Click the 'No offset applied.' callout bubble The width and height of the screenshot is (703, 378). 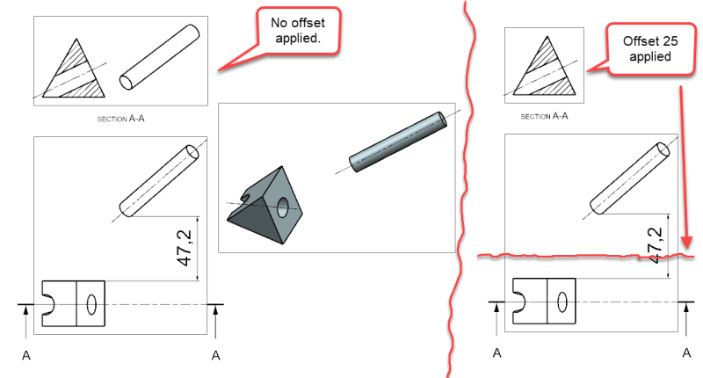[x=298, y=31]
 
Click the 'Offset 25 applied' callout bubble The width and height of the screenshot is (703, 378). [x=650, y=49]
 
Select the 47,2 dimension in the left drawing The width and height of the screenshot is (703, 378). [x=185, y=248]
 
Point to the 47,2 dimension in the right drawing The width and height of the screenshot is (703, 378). [x=655, y=245]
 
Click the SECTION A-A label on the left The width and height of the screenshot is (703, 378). [x=120, y=119]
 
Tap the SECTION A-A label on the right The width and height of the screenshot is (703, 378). [x=544, y=116]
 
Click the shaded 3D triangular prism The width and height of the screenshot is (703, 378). [x=265, y=207]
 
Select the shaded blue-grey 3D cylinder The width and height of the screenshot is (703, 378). [x=398, y=142]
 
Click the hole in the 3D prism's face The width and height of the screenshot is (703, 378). [x=283, y=207]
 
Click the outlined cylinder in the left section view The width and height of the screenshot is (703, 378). [x=159, y=57]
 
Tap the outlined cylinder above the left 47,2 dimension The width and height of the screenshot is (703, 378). [x=159, y=181]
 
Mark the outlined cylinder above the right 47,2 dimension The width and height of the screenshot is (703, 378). [x=630, y=178]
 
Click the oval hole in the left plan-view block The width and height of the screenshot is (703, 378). [x=91, y=304]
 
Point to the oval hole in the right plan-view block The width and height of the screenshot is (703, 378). [x=562, y=302]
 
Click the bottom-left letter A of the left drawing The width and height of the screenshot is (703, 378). [x=26, y=355]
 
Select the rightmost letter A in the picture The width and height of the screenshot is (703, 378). [x=686, y=353]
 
